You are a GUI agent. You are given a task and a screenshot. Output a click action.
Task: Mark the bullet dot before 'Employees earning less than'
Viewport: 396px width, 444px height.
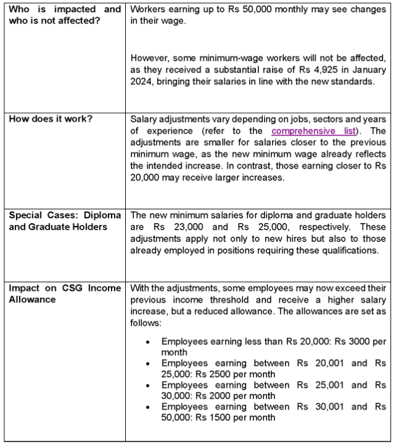(x=147, y=341)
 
